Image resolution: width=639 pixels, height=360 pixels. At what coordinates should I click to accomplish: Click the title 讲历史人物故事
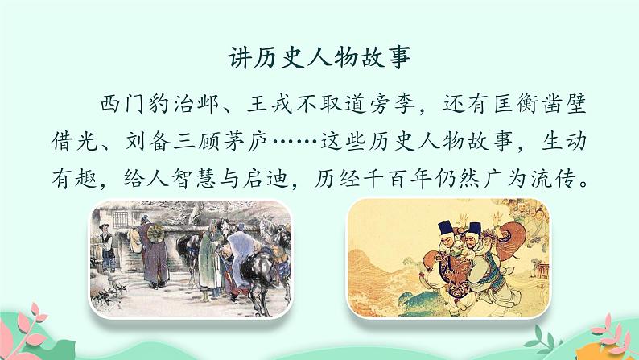[319, 58]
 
